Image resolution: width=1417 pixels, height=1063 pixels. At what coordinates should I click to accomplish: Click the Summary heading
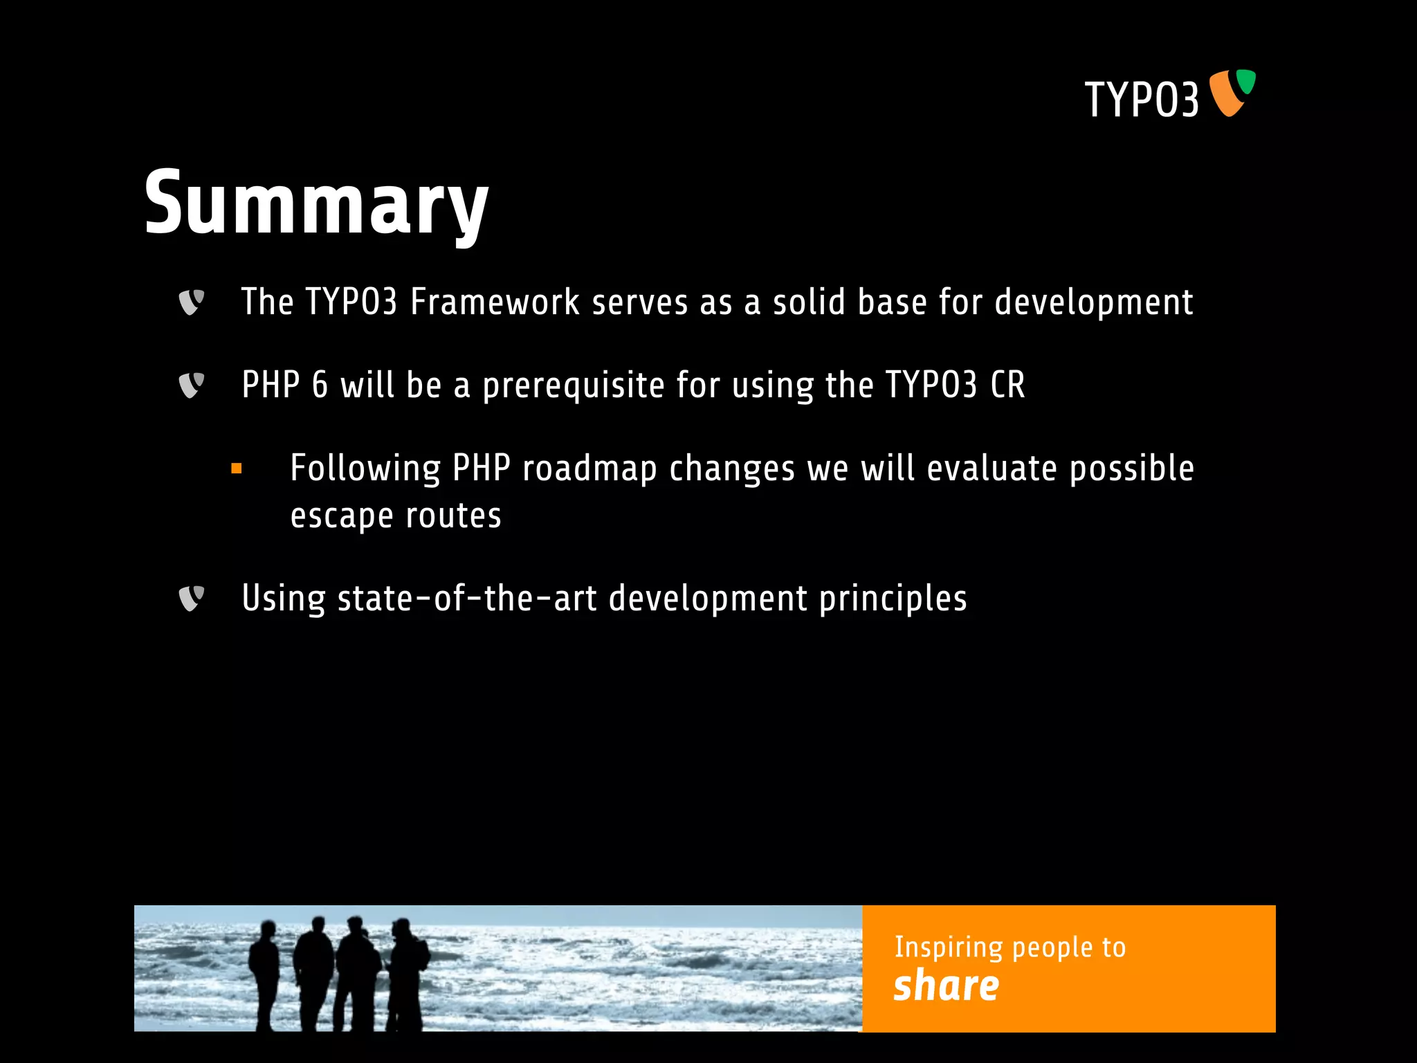[x=316, y=205]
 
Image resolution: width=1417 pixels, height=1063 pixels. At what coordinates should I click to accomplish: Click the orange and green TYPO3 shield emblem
[x=1232, y=93]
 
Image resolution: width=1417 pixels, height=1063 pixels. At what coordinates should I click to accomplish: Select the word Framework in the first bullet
[x=495, y=302]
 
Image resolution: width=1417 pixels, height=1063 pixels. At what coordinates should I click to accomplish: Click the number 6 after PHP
[x=320, y=385]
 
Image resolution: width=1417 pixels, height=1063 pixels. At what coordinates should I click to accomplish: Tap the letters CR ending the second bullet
[x=1007, y=385]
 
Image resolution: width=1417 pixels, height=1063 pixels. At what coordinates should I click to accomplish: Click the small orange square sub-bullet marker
[x=237, y=469]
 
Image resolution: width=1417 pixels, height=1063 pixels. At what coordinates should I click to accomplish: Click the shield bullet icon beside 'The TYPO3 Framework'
[x=191, y=302]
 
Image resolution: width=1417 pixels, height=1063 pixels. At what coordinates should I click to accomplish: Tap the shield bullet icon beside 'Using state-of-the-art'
[x=191, y=599]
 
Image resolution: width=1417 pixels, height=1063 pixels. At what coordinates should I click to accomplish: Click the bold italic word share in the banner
[x=946, y=986]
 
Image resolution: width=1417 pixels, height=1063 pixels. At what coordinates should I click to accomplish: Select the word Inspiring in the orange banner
[x=948, y=947]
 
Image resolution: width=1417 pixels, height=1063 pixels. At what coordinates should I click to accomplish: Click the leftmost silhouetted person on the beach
[x=264, y=972]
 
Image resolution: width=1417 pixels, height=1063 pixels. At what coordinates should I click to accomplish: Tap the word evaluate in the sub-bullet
[x=991, y=469]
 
